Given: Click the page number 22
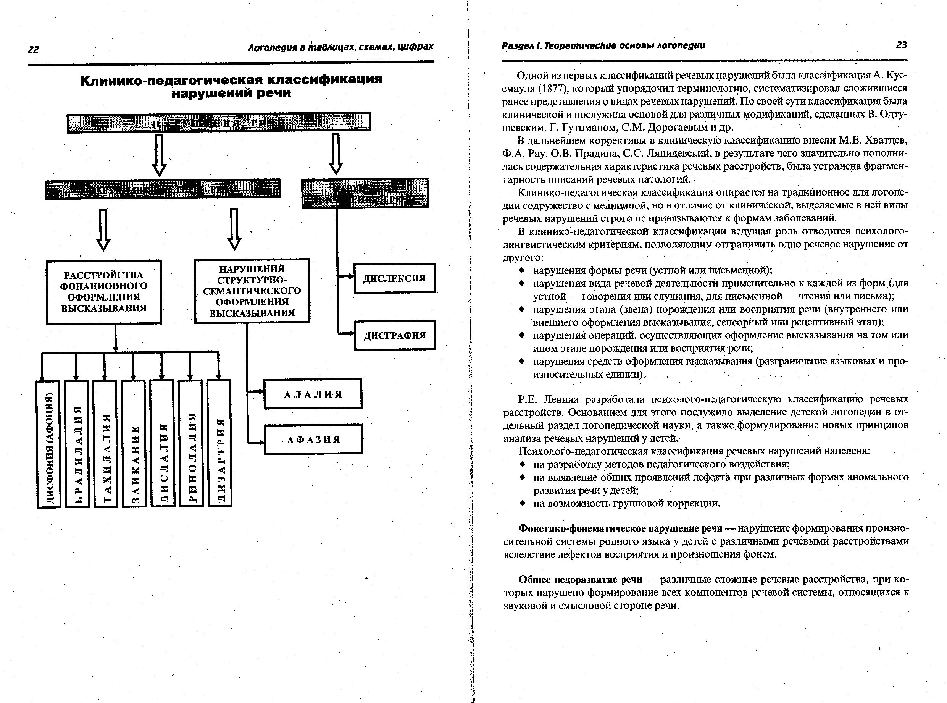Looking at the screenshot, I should coord(33,50).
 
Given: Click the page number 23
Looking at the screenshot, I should coord(902,45).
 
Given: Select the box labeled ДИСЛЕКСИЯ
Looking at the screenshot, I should coord(394,278).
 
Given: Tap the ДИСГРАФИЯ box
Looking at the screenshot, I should coord(395,335).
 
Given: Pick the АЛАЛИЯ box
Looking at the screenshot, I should coord(313,394).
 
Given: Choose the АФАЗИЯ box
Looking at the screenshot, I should coord(313,440).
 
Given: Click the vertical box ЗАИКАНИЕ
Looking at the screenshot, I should coord(134,443).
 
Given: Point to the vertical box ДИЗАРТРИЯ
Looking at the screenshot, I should coord(219,443).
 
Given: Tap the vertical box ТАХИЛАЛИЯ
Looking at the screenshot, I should coord(105,444).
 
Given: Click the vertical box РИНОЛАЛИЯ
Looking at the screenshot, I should coord(191,443).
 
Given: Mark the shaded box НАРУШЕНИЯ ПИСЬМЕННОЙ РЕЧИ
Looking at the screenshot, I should coord(365,194).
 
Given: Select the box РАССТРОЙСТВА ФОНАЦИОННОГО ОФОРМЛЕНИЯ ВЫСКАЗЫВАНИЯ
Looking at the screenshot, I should coord(104,292).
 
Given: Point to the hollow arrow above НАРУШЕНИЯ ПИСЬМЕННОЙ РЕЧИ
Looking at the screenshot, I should coord(336,154).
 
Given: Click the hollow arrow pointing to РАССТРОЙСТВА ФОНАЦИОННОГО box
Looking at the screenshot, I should coord(103,229).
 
